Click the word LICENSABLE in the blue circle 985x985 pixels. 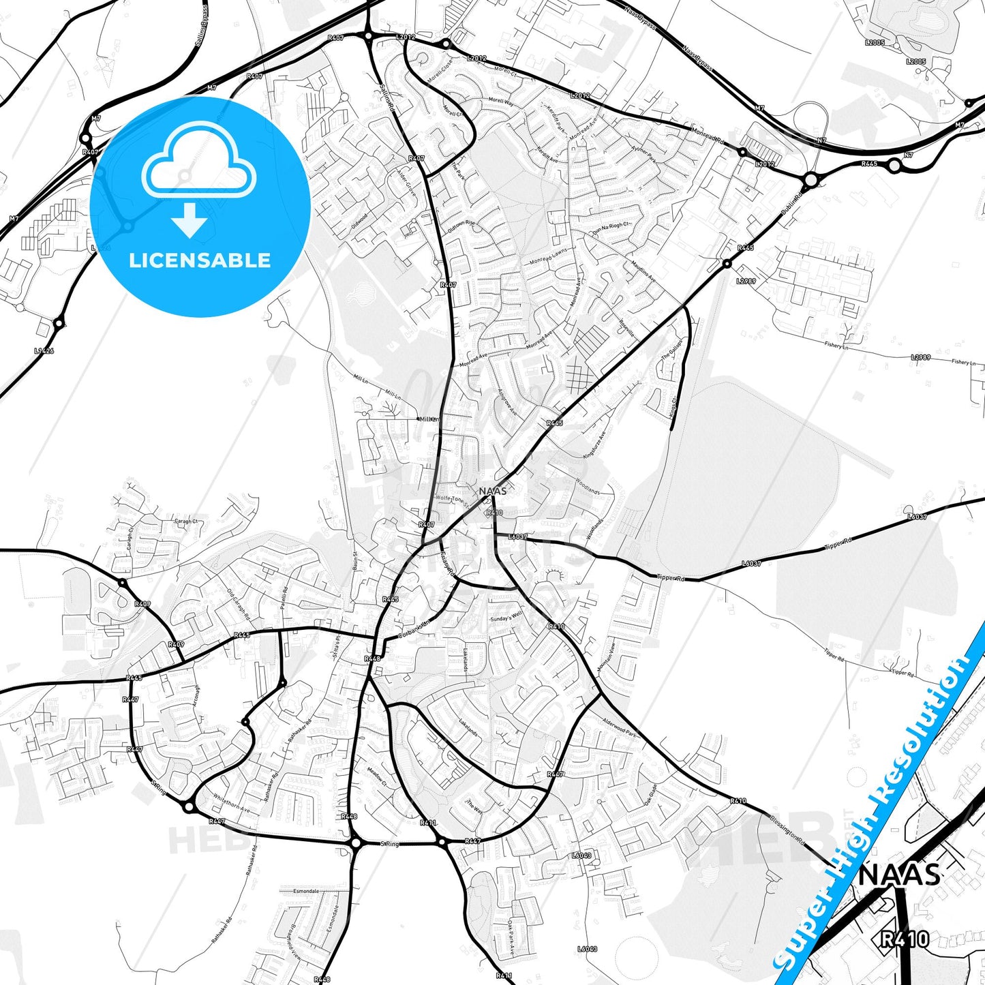coord(200,260)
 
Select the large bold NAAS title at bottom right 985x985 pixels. coord(899,875)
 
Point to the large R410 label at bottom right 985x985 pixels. coord(904,939)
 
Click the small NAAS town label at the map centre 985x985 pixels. coord(492,491)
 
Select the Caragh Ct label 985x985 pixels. coord(186,521)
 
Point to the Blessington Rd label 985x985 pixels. coord(788,830)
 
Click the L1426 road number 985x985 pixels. coord(44,351)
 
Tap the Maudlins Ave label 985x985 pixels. coord(643,270)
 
